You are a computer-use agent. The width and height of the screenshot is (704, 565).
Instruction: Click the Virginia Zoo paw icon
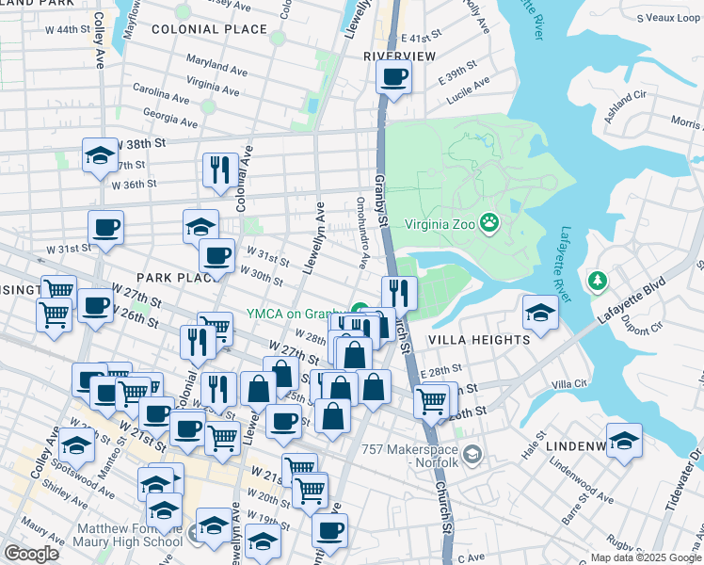(489, 223)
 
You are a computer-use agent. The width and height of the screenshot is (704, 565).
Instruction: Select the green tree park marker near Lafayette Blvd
(596, 281)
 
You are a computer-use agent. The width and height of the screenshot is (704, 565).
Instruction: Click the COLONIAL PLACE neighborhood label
(209, 29)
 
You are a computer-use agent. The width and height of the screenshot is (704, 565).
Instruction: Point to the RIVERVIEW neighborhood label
(400, 56)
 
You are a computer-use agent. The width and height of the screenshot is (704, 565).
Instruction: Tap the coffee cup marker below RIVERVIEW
(394, 77)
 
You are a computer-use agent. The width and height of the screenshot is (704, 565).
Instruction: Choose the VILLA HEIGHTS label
(479, 339)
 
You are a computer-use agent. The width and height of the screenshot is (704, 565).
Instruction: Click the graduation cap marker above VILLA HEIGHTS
(540, 313)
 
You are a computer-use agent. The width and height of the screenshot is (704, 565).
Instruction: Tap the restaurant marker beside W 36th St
(219, 169)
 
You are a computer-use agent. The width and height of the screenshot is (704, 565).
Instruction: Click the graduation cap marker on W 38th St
(99, 155)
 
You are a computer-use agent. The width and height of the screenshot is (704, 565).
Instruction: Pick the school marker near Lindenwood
(623, 441)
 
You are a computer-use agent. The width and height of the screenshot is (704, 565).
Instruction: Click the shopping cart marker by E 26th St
(431, 400)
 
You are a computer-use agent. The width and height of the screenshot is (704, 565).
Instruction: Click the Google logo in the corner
(32, 554)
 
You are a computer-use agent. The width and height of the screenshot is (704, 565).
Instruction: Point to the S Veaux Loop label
(667, 17)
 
